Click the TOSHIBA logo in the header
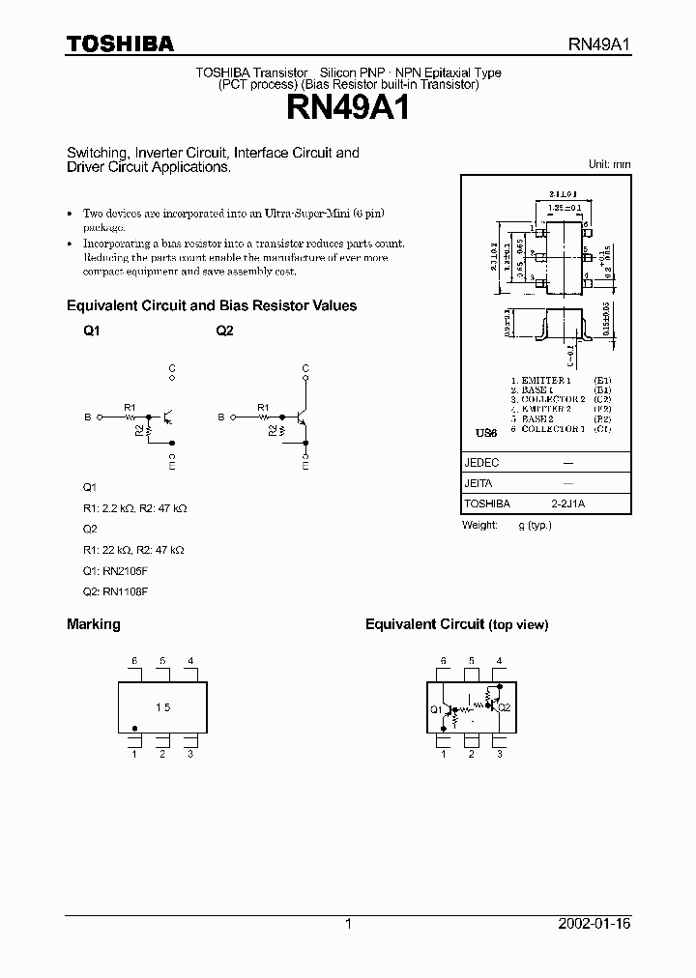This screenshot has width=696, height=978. [120, 43]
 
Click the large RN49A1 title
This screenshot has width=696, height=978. [347, 107]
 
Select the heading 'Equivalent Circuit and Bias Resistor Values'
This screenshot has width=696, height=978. [211, 306]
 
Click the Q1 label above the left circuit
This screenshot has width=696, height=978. [92, 331]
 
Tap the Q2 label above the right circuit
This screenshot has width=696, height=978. [224, 331]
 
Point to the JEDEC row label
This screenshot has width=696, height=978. [481, 463]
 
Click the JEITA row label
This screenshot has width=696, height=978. [479, 483]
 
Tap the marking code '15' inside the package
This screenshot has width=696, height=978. [162, 707]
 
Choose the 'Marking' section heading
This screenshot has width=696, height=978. [93, 624]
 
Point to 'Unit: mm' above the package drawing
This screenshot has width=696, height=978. [609, 164]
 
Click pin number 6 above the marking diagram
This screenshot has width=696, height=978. [134, 661]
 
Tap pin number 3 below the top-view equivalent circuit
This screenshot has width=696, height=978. [499, 754]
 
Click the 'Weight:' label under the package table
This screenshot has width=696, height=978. [480, 525]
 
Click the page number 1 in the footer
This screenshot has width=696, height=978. [348, 924]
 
